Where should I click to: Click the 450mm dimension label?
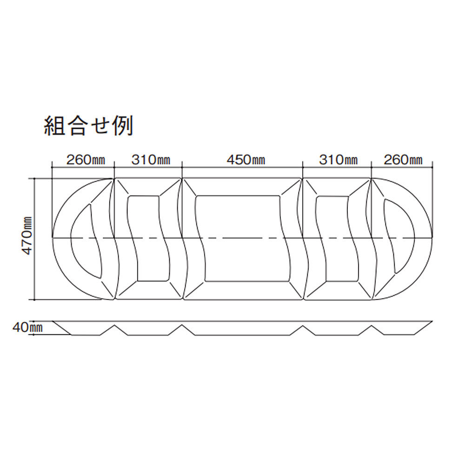click(x=246, y=160)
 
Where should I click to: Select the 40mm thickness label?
click(x=27, y=328)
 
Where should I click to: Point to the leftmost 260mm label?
click(x=86, y=160)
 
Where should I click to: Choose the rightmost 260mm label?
click(x=403, y=160)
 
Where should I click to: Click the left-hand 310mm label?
click(x=151, y=160)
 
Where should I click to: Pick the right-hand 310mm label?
click(x=339, y=160)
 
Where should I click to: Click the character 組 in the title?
click(x=54, y=126)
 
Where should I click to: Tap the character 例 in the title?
click(x=123, y=126)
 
